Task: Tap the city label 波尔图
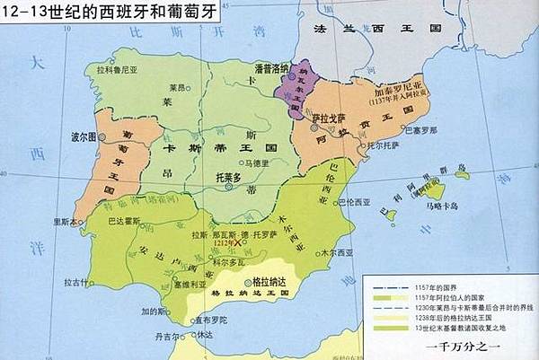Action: [83, 137]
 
